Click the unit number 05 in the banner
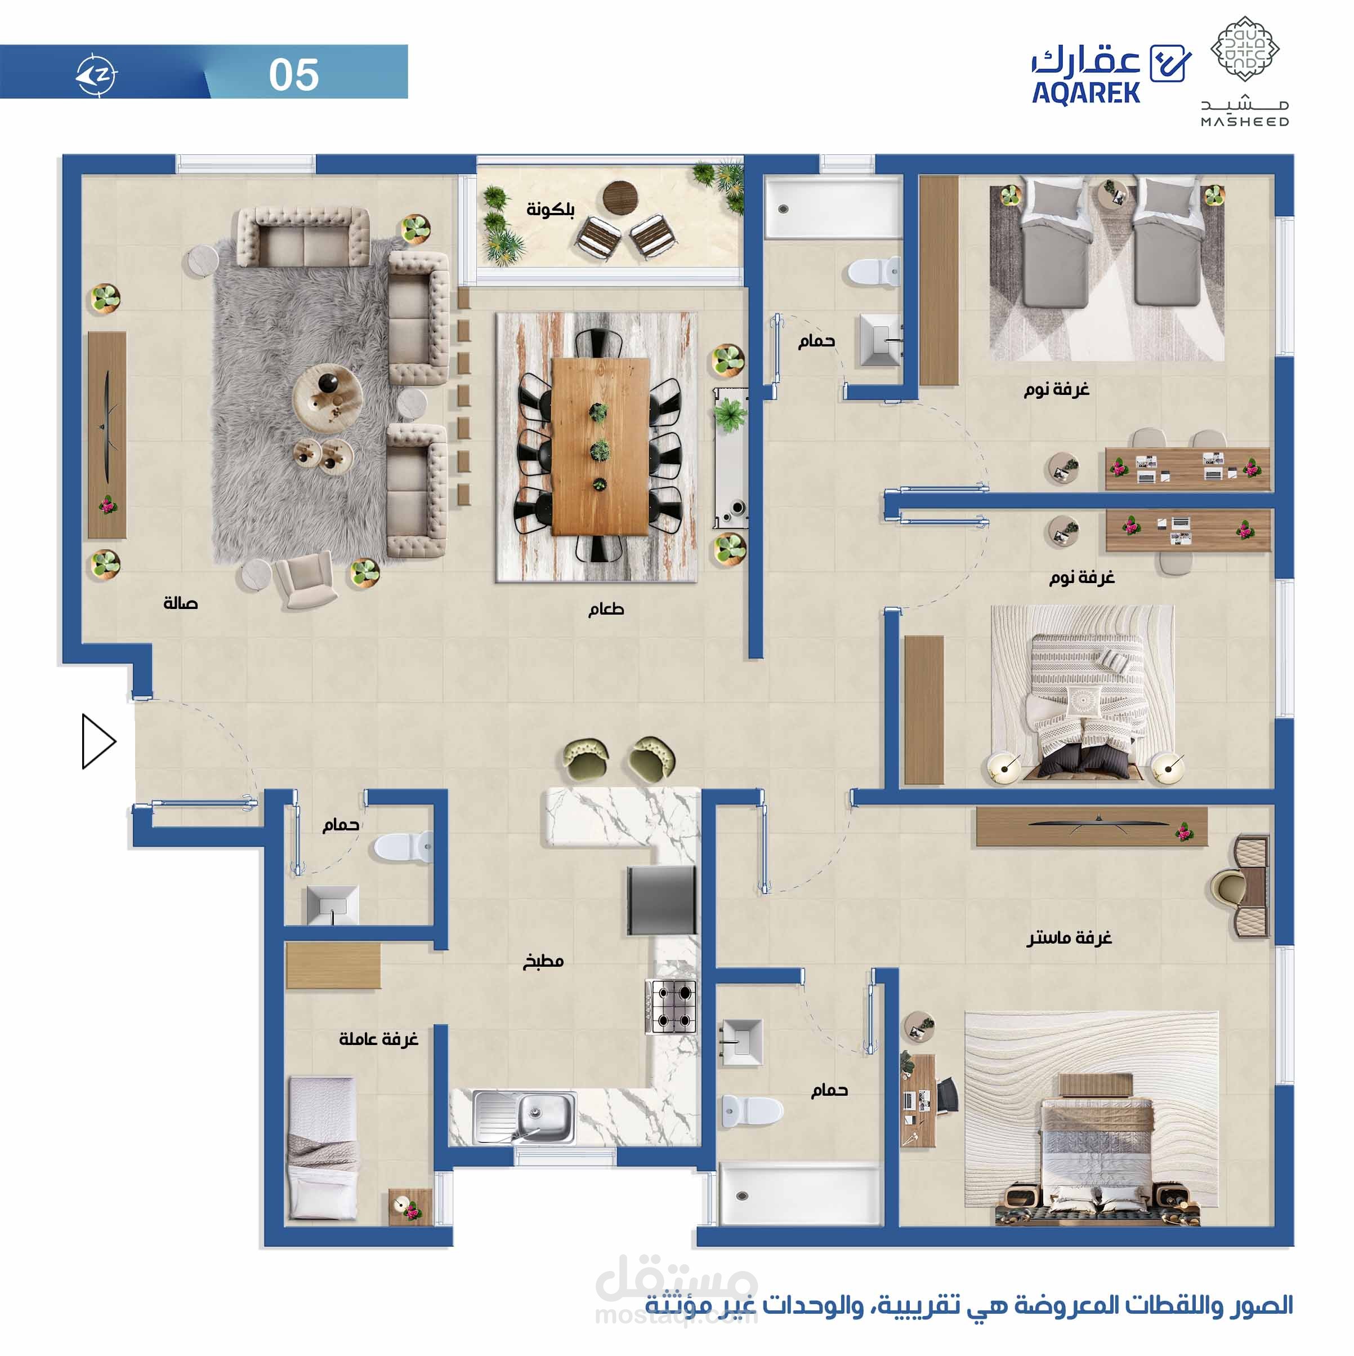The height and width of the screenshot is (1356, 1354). click(x=293, y=74)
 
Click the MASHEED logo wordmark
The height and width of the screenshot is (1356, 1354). click(x=1245, y=122)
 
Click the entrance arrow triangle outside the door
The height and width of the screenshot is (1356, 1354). click(x=97, y=741)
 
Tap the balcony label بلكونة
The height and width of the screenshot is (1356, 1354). click(x=550, y=209)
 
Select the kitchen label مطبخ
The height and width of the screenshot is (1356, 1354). click(x=543, y=961)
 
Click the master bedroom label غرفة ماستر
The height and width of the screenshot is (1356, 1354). click(x=1069, y=937)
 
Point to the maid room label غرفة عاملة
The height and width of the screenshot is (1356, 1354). click(x=378, y=1039)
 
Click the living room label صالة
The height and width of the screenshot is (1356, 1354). click(x=180, y=603)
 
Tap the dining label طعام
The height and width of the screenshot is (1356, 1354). click(x=606, y=608)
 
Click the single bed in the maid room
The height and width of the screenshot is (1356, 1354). click(x=323, y=1148)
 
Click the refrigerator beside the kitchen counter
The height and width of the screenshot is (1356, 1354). click(x=661, y=900)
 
